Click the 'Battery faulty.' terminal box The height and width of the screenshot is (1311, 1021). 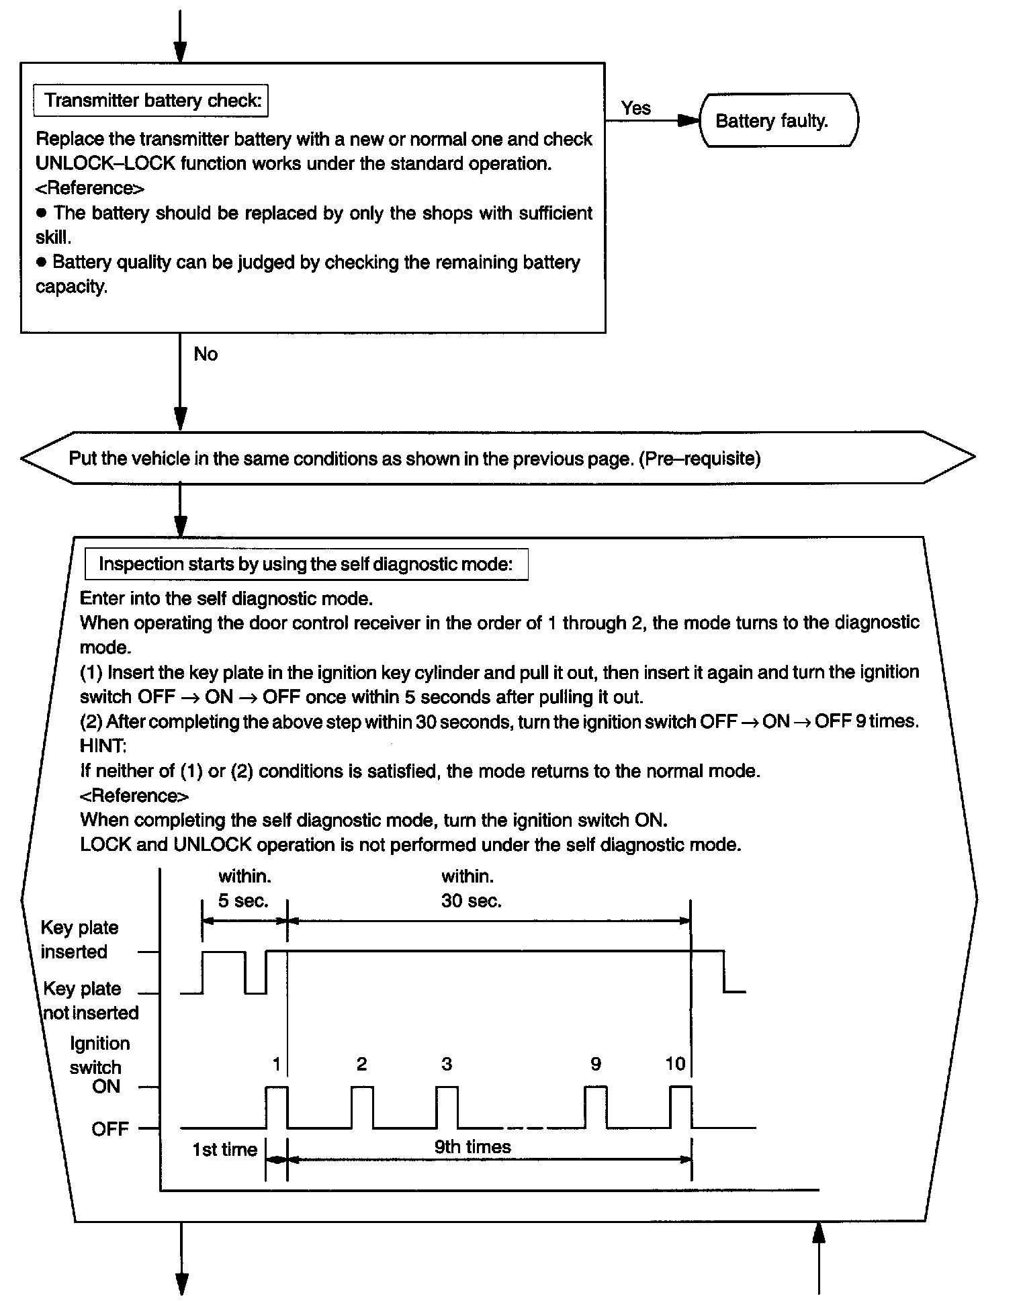coord(778,121)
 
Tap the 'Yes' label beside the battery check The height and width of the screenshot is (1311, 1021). coord(635,108)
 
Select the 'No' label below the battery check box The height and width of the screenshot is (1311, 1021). coord(206,354)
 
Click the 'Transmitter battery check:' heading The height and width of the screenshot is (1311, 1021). coord(152,101)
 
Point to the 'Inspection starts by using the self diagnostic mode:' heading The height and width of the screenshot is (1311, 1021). coord(306,564)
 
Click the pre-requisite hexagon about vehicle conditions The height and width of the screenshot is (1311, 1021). coord(497,459)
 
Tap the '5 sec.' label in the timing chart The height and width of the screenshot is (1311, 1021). coord(243,901)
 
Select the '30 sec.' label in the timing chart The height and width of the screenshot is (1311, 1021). coord(471,901)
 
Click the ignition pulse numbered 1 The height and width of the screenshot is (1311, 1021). coord(277,1106)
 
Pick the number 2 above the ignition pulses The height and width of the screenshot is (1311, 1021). coord(361,1064)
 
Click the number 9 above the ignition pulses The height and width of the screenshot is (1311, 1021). coord(596,1064)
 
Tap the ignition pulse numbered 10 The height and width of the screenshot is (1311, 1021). coord(680,1106)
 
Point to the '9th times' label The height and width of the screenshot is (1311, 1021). coord(472,1146)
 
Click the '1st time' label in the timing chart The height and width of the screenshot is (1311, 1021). coord(224,1150)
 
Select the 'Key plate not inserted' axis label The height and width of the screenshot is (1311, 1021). coord(90,1001)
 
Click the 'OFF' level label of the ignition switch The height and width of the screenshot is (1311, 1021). coord(109,1129)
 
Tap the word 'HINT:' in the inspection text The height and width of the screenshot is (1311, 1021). coord(103,746)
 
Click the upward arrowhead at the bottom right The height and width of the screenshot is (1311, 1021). coord(818,1232)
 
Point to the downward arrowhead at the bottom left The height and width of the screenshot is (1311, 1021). coord(181,1283)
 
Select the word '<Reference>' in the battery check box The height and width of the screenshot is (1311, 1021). coord(90,188)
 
